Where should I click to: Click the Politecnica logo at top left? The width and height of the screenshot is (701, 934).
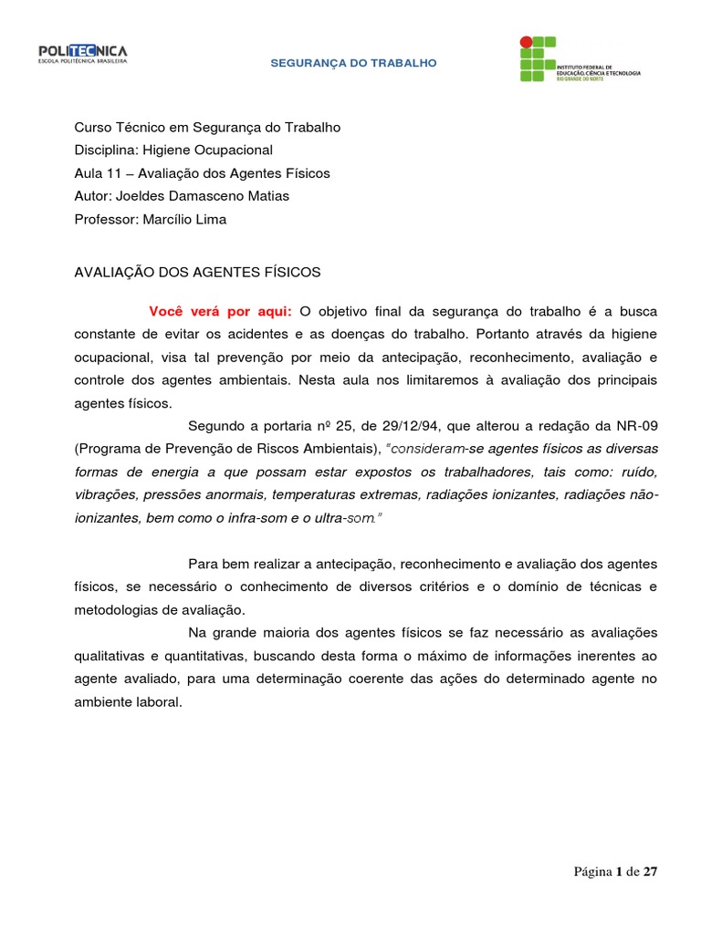coord(82,54)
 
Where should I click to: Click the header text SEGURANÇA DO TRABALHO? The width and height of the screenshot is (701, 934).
coord(353,63)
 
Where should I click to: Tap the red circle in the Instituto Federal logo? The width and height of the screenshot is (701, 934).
coord(525,41)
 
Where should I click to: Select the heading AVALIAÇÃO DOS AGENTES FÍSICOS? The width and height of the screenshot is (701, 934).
coord(197,272)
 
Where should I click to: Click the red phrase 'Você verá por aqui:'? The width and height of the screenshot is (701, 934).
coord(220,312)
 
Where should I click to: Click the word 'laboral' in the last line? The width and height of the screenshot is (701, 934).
coord(162,701)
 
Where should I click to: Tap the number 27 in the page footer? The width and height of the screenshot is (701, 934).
coord(649,872)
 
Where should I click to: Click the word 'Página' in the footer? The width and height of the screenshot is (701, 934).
coord(592,872)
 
